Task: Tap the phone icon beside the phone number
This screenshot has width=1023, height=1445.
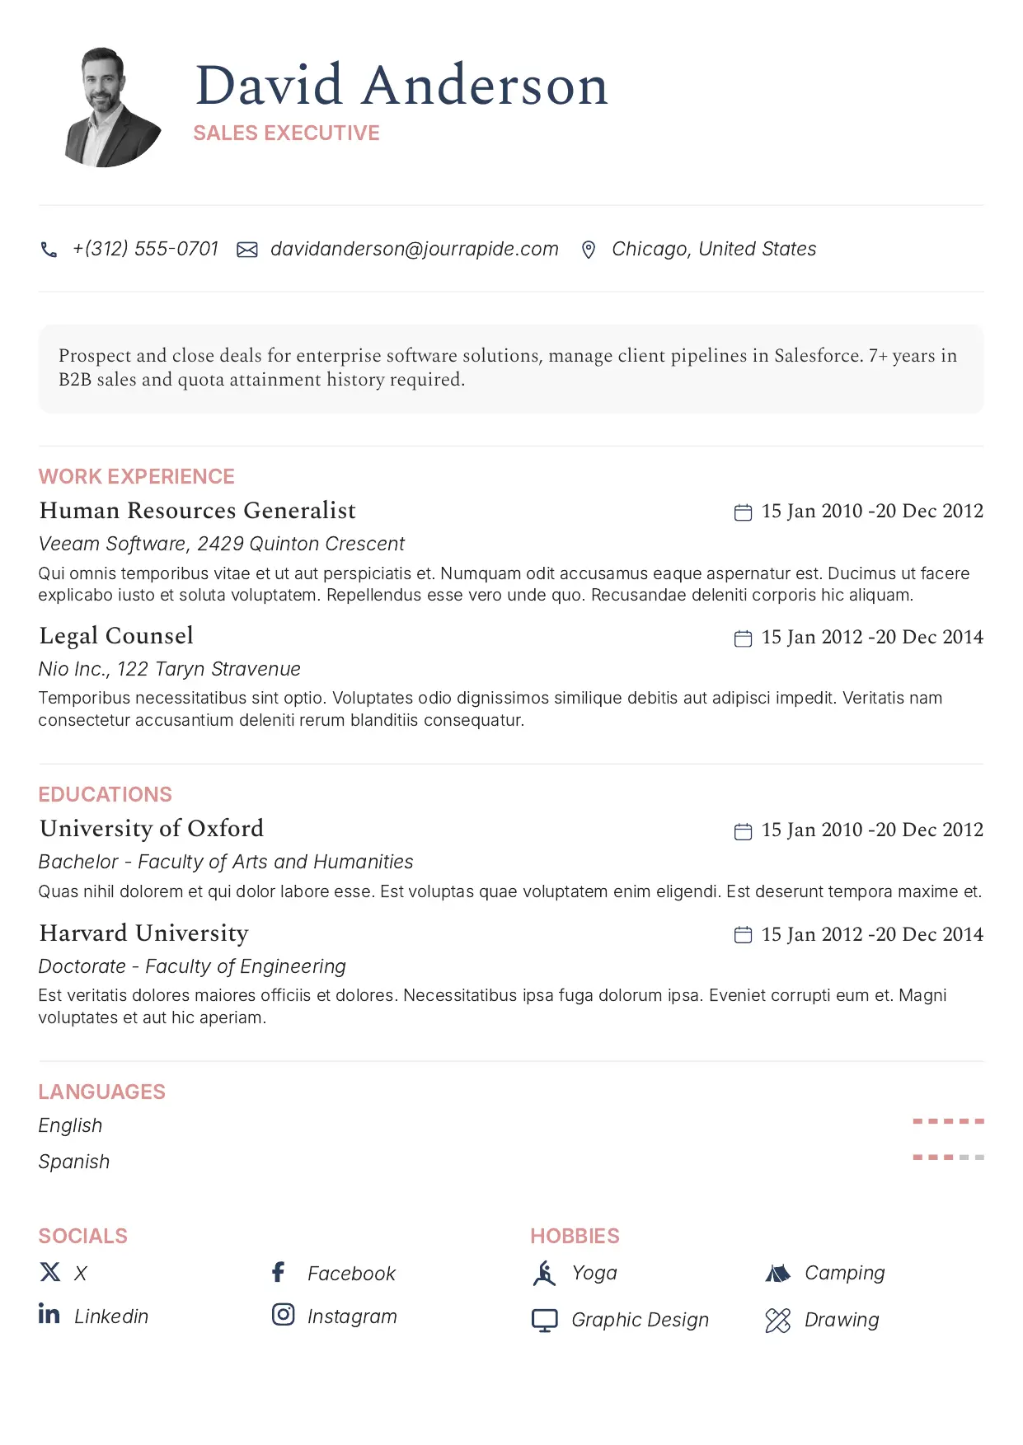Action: pos(49,250)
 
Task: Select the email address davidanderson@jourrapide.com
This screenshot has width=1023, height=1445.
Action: pos(414,249)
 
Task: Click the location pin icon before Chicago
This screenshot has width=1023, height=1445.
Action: pos(589,250)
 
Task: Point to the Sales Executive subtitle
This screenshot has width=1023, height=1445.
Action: pos(286,133)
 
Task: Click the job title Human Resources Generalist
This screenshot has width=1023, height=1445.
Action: pos(198,511)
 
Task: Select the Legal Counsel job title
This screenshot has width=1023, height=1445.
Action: pos(116,636)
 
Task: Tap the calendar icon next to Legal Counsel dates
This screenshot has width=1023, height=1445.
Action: pos(743,638)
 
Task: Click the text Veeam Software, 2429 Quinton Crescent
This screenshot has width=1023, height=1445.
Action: pos(222,544)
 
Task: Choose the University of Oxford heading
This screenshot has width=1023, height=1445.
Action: pos(152,829)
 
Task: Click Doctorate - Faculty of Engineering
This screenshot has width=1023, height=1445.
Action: pos(192,966)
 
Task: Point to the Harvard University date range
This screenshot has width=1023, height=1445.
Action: pos(871,934)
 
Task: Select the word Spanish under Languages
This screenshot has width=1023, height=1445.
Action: pos(74,1162)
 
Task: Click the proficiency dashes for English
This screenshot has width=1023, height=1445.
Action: pos(948,1121)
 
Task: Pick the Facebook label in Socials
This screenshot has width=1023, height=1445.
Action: pos(351,1274)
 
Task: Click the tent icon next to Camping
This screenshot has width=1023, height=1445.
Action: pos(777,1274)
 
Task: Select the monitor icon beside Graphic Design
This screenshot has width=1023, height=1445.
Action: pos(544,1321)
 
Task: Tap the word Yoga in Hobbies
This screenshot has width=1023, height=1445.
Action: pos(594,1273)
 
